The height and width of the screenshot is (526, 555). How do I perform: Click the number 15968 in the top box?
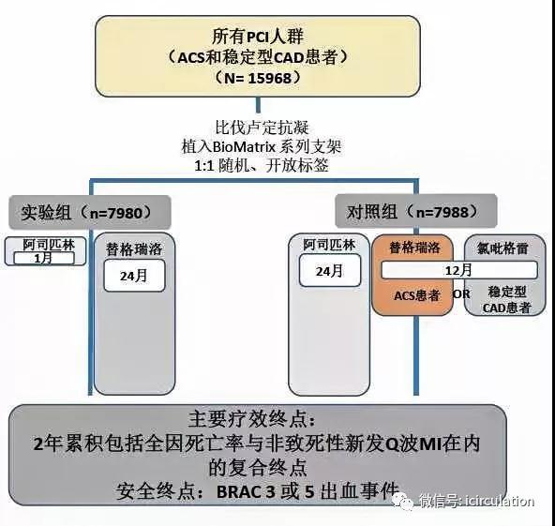click(269, 78)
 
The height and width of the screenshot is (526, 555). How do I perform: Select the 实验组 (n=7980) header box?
click(90, 212)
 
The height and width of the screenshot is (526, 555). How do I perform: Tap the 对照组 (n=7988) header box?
click(416, 211)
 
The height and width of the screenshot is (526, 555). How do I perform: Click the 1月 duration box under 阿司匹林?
click(44, 259)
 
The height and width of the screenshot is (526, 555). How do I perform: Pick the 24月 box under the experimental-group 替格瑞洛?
click(134, 276)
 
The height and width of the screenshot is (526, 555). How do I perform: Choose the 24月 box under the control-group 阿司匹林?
click(330, 271)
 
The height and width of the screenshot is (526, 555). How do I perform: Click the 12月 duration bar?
click(459, 270)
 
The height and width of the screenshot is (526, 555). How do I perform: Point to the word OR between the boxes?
click(461, 293)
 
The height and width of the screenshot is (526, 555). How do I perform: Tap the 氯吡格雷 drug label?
click(502, 248)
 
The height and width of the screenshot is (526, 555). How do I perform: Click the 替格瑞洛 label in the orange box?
click(414, 248)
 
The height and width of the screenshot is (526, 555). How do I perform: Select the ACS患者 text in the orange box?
click(417, 295)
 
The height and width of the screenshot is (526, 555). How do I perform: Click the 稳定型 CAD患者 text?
click(506, 299)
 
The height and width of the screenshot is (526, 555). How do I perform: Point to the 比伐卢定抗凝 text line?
click(262, 128)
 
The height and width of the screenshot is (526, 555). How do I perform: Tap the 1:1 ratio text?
click(204, 166)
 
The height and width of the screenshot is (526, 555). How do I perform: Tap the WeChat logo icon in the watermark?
click(403, 501)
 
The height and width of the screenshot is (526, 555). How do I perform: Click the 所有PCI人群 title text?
click(258, 37)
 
